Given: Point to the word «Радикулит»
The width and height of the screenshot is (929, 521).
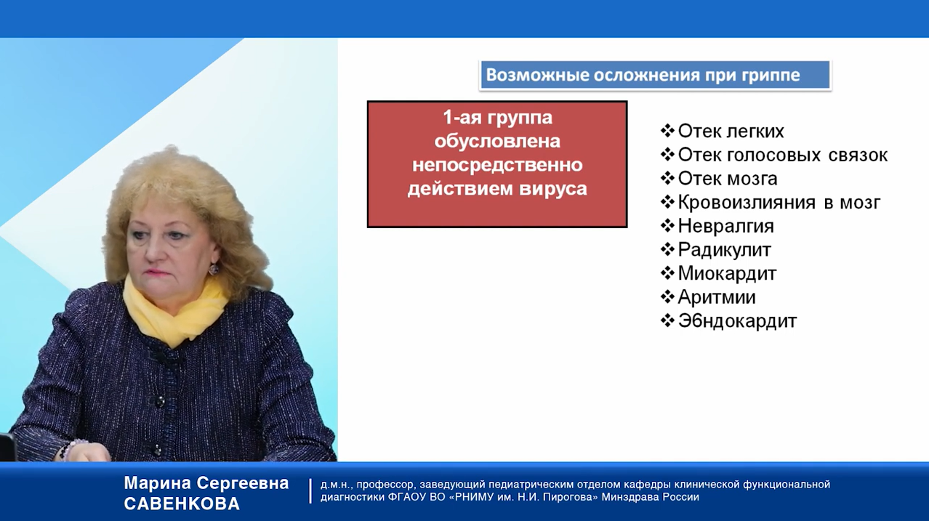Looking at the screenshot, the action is (x=725, y=250).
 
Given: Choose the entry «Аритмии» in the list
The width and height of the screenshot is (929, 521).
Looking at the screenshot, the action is (x=717, y=297).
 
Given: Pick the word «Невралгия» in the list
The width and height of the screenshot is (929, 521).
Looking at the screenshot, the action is (x=725, y=226).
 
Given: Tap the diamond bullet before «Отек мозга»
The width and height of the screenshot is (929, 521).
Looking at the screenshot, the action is (x=667, y=179).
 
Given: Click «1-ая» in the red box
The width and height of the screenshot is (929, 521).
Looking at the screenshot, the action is (x=463, y=117).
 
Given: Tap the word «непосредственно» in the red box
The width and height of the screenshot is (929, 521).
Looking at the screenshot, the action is (x=497, y=165).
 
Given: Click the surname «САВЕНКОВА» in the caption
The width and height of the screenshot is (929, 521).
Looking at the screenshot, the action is (x=182, y=504).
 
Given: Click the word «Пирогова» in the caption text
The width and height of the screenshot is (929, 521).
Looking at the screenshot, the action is (x=578, y=497).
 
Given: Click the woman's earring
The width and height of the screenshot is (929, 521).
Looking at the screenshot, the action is (x=214, y=269).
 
